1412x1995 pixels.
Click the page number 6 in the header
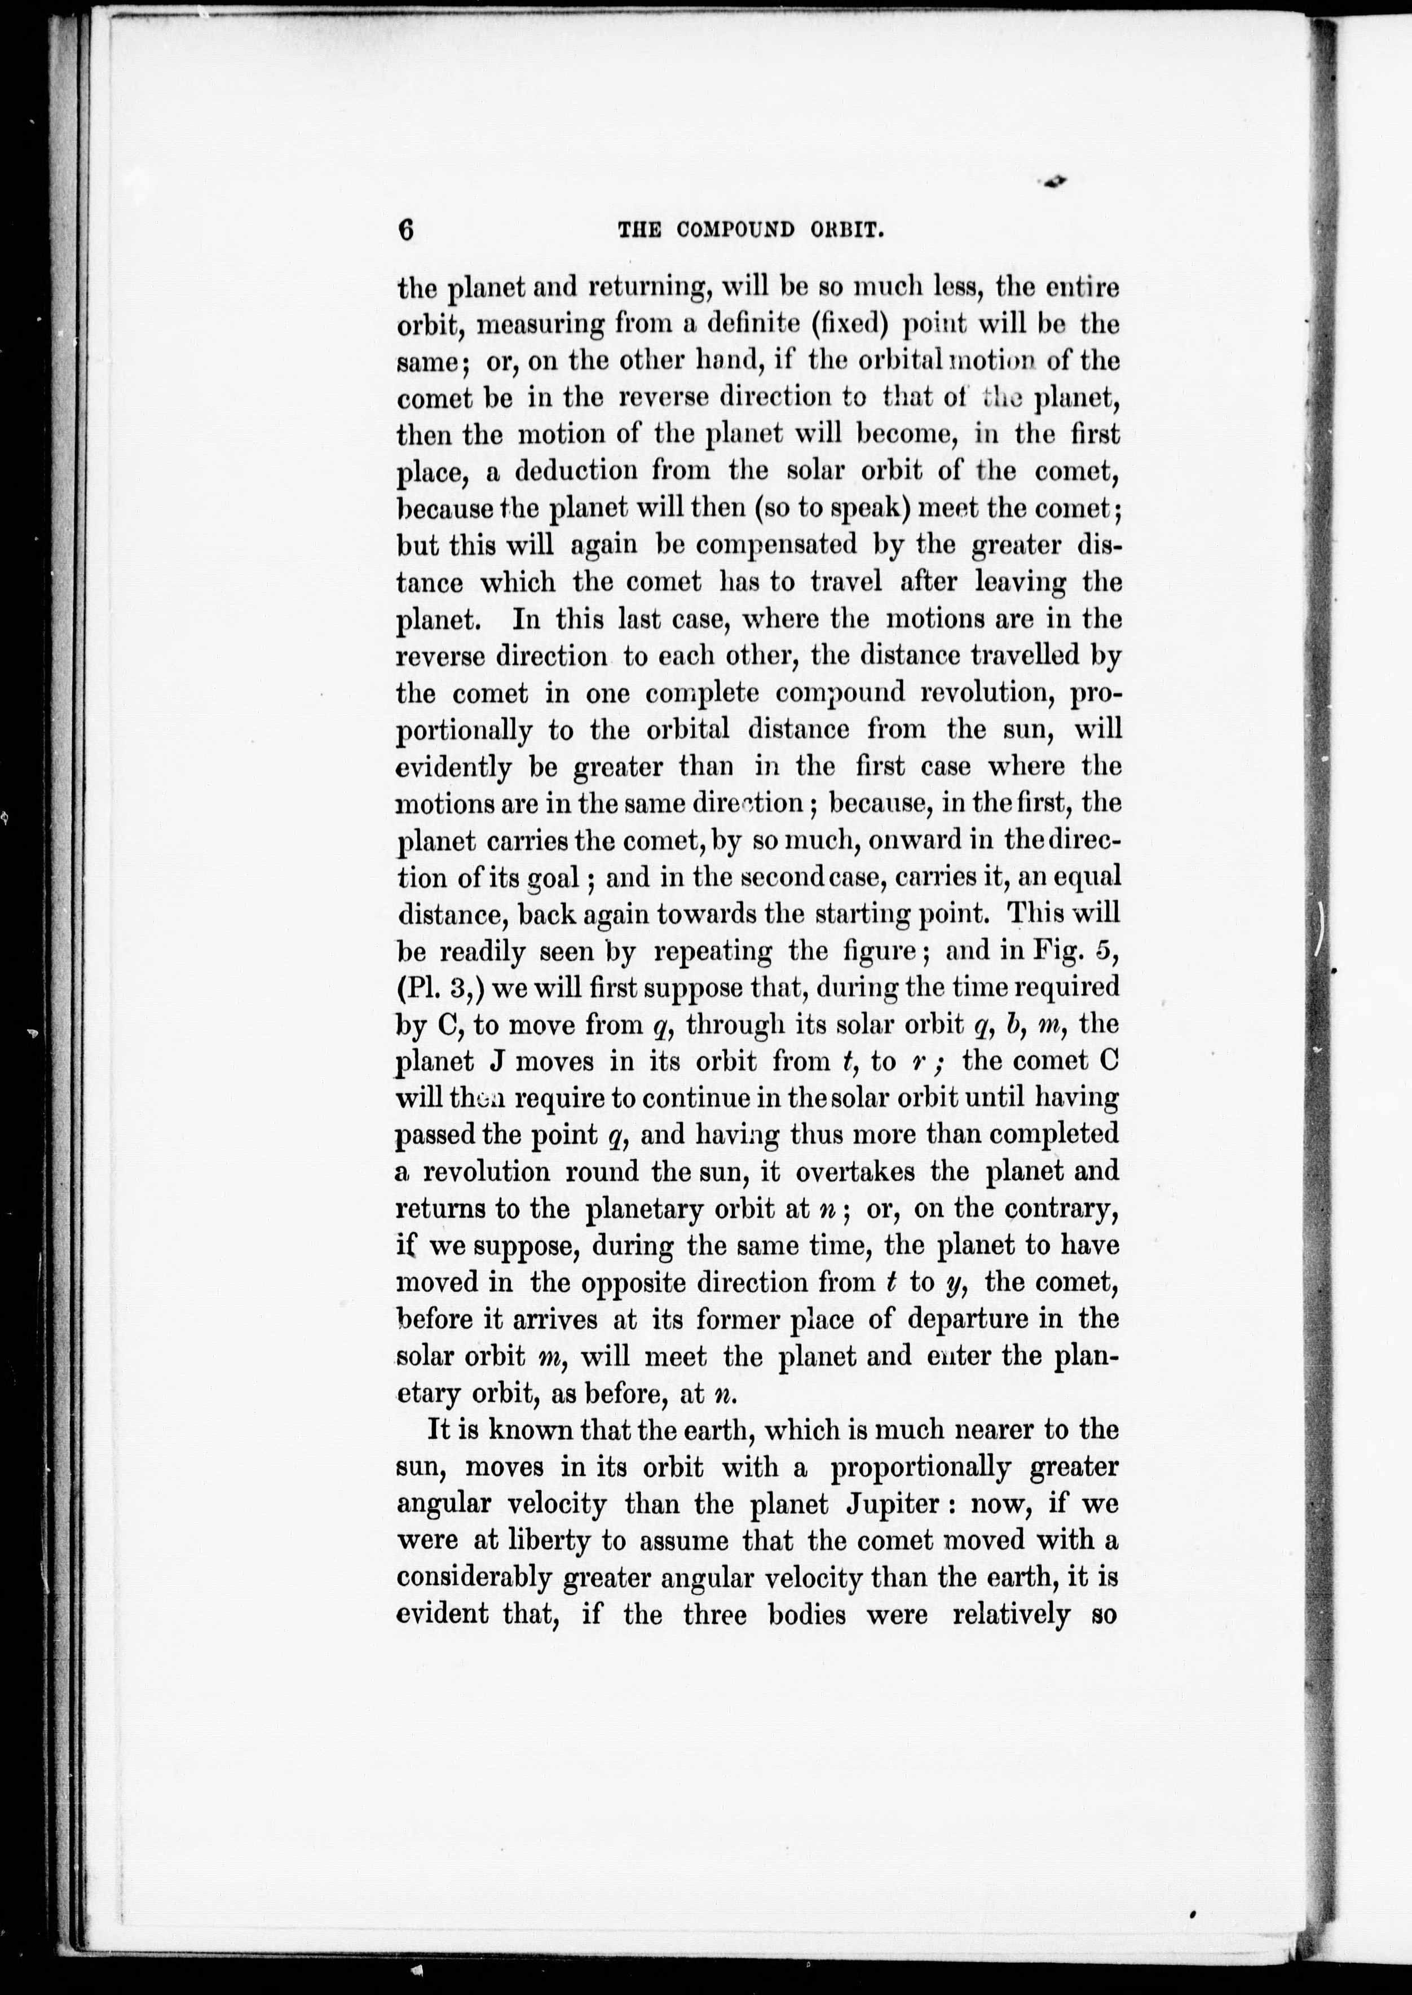[x=406, y=230]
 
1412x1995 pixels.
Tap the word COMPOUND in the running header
[x=735, y=230]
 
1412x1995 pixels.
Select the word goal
[x=554, y=877]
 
